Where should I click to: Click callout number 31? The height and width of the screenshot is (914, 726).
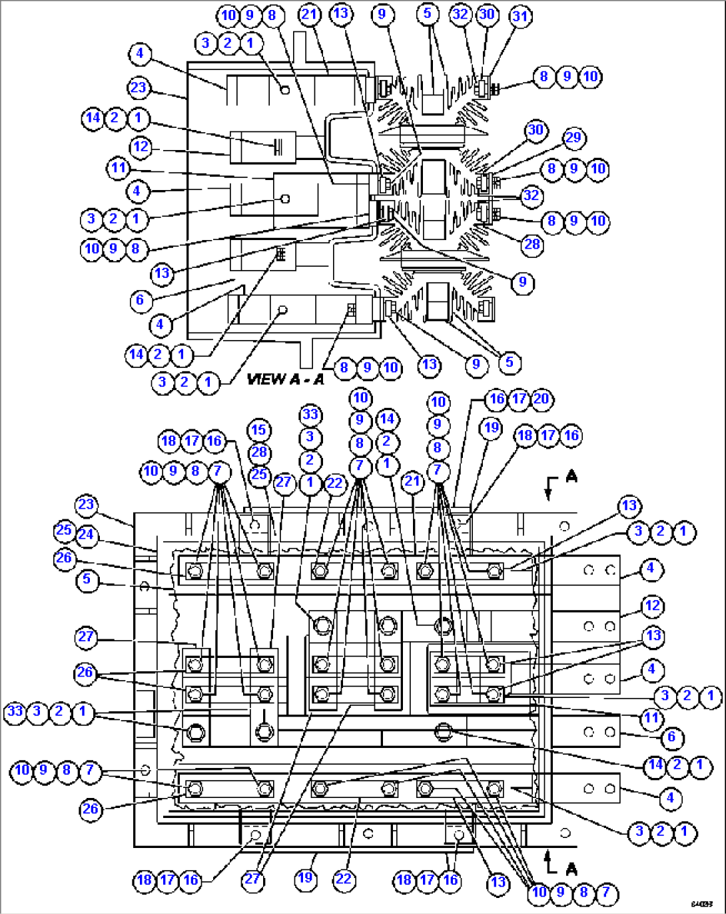coord(520,16)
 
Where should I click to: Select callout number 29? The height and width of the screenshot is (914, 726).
coord(573,138)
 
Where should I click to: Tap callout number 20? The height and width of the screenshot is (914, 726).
coord(542,399)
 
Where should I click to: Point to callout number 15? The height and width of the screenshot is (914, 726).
coord(258,430)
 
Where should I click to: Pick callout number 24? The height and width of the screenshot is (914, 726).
coord(85,535)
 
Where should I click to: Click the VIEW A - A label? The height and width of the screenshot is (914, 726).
coord(285,379)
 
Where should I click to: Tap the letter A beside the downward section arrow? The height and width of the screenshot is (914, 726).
coord(571,477)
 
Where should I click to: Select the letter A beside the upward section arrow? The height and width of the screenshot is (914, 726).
coord(571,869)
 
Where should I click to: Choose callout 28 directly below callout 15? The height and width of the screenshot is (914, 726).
coord(258,453)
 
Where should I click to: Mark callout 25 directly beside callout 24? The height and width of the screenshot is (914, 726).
coord(63,531)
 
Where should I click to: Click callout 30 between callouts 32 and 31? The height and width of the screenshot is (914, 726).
coord(488,14)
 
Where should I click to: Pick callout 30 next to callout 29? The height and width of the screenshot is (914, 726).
coord(536,130)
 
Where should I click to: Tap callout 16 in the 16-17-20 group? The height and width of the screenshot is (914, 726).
coord(497,399)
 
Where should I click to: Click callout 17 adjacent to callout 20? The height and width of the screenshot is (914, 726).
coord(520,399)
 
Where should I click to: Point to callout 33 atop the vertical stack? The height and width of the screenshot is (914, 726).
coord(310,414)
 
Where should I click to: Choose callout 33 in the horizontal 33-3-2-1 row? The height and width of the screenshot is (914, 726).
coord(15,711)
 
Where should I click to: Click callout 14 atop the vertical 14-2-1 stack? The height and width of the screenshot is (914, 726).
coord(387,419)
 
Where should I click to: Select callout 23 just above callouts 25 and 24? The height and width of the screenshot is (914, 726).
coord(86,504)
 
